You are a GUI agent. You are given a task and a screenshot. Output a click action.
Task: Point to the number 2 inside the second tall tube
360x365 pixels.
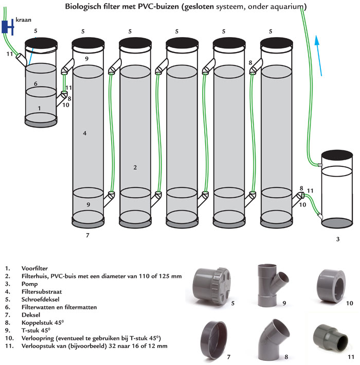click(135, 167)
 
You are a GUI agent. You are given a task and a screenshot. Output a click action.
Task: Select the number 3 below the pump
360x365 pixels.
click(337, 239)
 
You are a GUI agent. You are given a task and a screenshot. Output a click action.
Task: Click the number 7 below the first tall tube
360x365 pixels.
click(87, 235)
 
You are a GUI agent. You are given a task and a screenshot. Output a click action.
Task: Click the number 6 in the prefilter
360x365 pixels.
click(35, 83)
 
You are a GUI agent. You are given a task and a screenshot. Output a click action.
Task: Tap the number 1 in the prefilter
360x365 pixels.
click(40, 108)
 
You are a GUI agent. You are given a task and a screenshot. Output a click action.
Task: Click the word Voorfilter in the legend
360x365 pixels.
click(34, 268)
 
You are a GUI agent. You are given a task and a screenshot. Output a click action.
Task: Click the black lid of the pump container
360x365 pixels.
click(337, 156)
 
